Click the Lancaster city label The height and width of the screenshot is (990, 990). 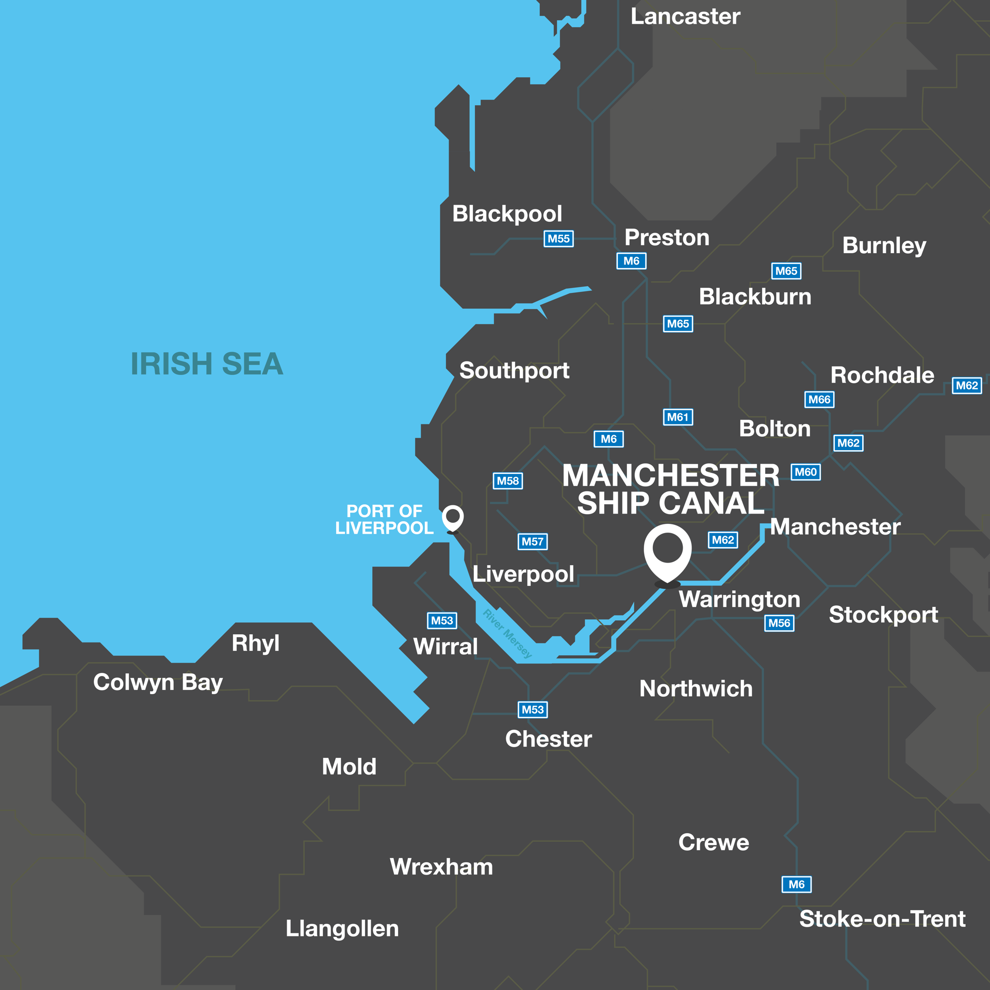685,17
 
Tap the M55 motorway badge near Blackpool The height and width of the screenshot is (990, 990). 558,239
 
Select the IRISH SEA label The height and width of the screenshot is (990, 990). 207,364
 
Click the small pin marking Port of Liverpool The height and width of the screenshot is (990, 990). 453,517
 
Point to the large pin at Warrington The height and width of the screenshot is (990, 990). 667,552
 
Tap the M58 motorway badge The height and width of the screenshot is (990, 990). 507,481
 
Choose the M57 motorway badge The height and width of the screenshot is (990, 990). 532,541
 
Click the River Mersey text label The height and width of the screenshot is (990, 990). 507,634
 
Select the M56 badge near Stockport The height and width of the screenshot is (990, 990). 779,623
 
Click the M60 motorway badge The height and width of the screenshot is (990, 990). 805,472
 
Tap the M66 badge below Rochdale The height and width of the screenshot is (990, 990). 819,399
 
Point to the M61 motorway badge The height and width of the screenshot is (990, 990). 678,417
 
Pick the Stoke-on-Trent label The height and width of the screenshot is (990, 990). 882,919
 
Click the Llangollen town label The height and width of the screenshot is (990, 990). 342,929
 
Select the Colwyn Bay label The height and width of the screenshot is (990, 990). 158,683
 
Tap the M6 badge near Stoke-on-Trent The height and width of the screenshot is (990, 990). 796,884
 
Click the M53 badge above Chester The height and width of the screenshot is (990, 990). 532,709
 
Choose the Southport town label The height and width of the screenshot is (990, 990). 514,371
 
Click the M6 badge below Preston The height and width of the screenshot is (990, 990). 631,261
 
